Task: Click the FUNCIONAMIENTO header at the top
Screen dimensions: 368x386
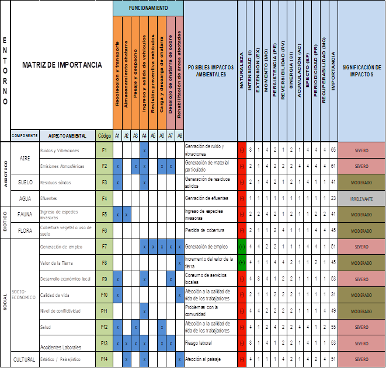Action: [148, 8]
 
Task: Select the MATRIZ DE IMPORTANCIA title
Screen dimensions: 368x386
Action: [62, 65]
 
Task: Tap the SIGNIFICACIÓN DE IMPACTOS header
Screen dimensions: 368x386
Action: [361, 71]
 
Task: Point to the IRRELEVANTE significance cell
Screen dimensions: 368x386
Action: [361, 198]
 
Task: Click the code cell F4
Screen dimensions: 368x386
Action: [104, 198]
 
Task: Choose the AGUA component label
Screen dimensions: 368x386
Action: [25, 198]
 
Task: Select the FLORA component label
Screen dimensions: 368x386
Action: [25, 230]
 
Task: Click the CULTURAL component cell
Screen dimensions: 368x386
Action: [25, 359]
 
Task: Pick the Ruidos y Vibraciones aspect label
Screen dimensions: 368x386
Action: [60, 150]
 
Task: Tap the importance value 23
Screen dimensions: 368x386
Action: [333, 198]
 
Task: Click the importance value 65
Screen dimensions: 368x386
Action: [333, 150]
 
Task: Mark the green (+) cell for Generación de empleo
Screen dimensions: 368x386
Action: [242, 246]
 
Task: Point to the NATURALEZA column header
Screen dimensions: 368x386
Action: [242, 70]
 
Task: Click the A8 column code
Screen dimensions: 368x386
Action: [179, 135]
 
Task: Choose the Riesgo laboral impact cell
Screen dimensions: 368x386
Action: [210, 343]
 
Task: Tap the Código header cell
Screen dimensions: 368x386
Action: [104, 135]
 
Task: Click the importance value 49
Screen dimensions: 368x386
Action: [333, 311]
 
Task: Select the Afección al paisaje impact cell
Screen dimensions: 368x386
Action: [210, 359]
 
